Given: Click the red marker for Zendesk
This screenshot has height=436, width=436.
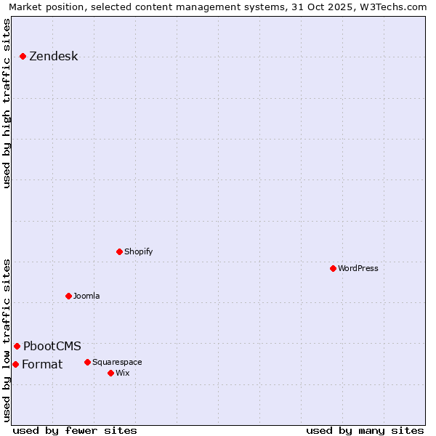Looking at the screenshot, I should pos(23,56).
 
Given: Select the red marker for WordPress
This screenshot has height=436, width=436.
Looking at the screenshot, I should pos(334,268).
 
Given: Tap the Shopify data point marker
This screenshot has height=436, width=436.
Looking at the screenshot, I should pos(120,251).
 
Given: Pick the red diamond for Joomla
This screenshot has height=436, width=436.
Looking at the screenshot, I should pos(69,296).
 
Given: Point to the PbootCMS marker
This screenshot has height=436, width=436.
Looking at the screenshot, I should pos(17,346).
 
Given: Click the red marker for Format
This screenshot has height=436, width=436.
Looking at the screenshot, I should pos(16,364).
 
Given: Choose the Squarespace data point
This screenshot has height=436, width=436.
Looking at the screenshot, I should pos(88,362).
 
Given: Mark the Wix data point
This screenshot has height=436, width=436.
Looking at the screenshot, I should pos(111,373).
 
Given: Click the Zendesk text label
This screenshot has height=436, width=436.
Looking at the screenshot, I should pos(53,57).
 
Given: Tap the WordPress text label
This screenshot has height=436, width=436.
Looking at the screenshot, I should pos(358,268).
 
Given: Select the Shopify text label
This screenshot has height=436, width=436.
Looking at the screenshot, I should pos(138,251).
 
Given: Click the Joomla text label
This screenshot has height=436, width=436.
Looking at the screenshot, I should pos(86,296).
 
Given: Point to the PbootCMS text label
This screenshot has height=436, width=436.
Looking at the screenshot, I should pos(52,347).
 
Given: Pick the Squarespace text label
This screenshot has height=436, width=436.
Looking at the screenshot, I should pos(117,362).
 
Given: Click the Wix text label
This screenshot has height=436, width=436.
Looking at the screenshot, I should pos(122,373).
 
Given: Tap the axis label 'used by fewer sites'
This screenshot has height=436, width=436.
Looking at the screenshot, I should pos(75,430).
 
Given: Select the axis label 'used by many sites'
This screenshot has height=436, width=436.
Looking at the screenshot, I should pos(365,430).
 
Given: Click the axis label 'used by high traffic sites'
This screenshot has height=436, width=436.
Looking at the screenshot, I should pos(7,103).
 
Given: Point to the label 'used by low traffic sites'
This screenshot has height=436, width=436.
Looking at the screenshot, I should pos(7,339).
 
